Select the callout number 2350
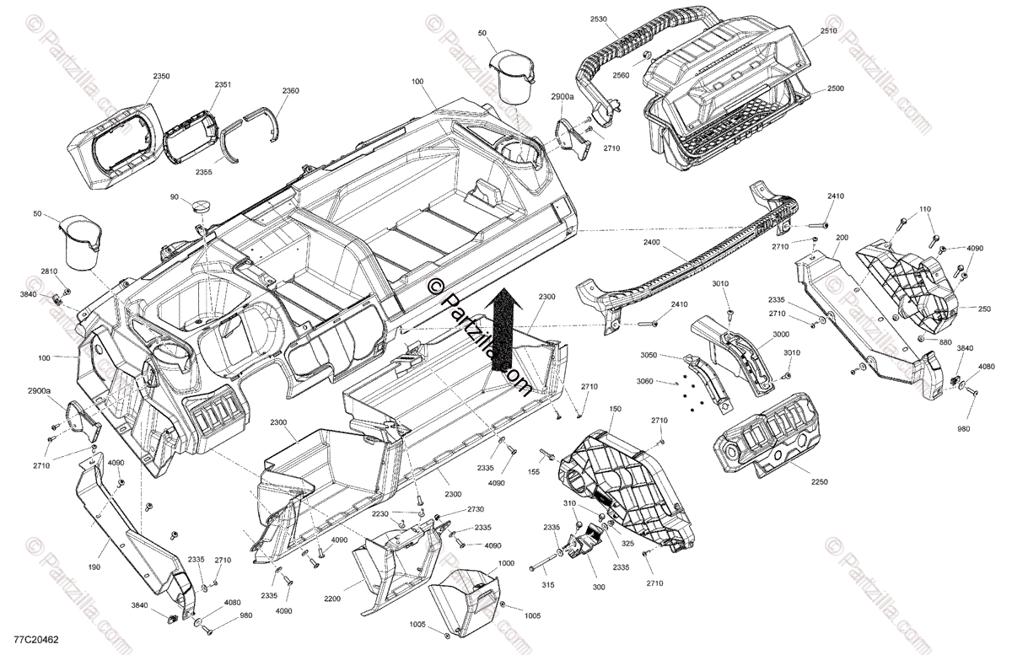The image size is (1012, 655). [x=161, y=77]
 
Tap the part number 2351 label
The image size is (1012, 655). [x=223, y=85]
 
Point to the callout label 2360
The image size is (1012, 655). [x=290, y=91]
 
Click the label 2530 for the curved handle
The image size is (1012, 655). [x=598, y=19]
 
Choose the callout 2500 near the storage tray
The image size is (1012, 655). [x=835, y=89]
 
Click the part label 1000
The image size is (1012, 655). [x=506, y=563]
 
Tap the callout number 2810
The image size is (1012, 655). [x=49, y=271]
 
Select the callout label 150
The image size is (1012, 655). [x=614, y=409]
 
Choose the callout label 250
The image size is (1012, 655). [x=983, y=309]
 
